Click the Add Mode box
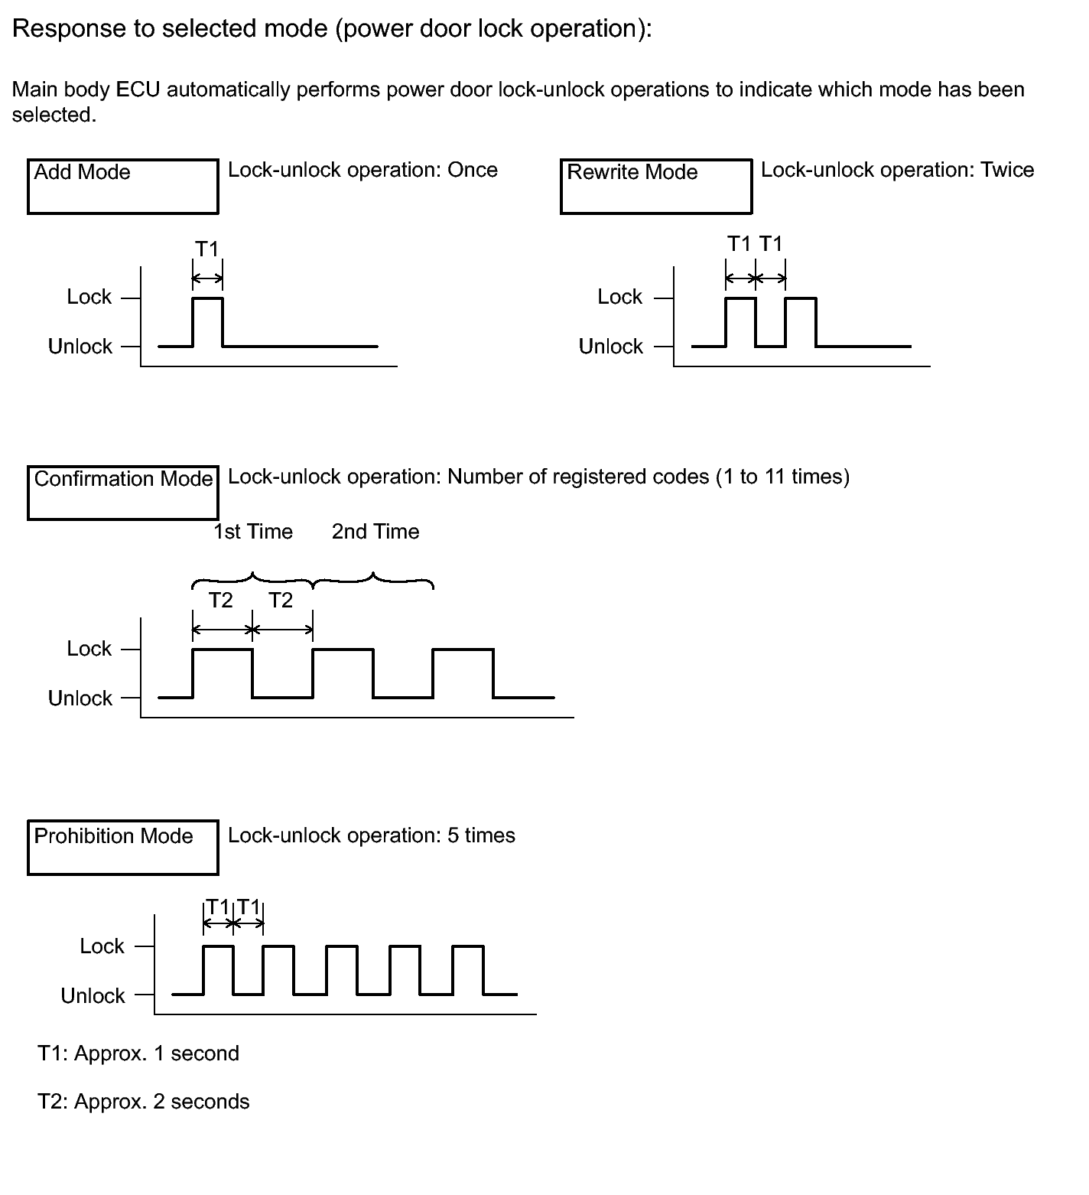(122, 186)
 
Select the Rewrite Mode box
(655, 186)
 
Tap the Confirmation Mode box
(122, 492)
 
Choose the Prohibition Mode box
(122, 847)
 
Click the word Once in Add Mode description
(472, 170)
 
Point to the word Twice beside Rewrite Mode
(1007, 170)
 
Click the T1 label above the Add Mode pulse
(206, 249)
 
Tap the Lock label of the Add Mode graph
(89, 297)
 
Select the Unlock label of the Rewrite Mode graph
(610, 347)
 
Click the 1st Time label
(253, 532)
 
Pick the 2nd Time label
(375, 532)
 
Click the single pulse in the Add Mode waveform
(207, 321)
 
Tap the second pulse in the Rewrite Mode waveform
(801, 321)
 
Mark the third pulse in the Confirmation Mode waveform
(463, 673)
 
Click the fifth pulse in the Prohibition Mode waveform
(468, 970)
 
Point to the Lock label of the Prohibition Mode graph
(102, 946)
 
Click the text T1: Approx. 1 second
(138, 1053)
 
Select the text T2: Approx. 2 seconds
(144, 1102)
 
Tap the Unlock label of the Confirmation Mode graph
(80, 698)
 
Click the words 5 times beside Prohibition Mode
(481, 835)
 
